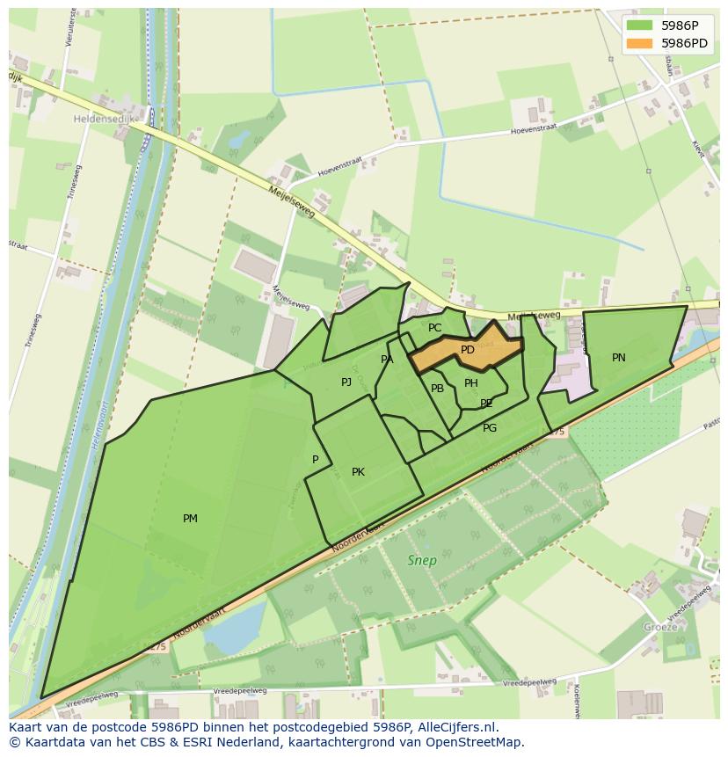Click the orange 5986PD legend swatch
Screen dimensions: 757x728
click(x=640, y=42)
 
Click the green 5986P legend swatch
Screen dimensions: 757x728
click(x=640, y=25)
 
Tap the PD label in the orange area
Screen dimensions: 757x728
click(x=468, y=350)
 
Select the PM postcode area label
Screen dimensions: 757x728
click(x=190, y=519)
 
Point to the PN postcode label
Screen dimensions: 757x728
click(x=619, y=358)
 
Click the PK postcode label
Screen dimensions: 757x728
click(x=358, y=472)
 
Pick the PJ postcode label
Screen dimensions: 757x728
click(x=346, y=382)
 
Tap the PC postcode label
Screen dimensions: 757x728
click(x=434, y=328)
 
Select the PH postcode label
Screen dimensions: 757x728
click(x=471, y=383)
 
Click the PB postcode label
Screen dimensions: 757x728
click(x=437, y=389)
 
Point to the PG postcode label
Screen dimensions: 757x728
click(x=490, y=428)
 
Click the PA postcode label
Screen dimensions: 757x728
click(x=387, y=360)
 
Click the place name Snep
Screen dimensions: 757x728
click(x=422, y=560)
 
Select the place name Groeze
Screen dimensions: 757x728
click(x=660, y=627)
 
